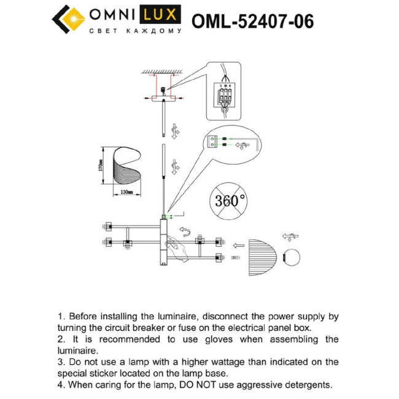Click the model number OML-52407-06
pyautogui.click(x=253, y=21)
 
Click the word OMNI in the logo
pyautogui.click(x=114, y=15)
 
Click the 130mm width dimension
pyautogui.click(x=126, y=192)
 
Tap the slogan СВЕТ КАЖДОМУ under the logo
pyautogui.click(x=135, y=30)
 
